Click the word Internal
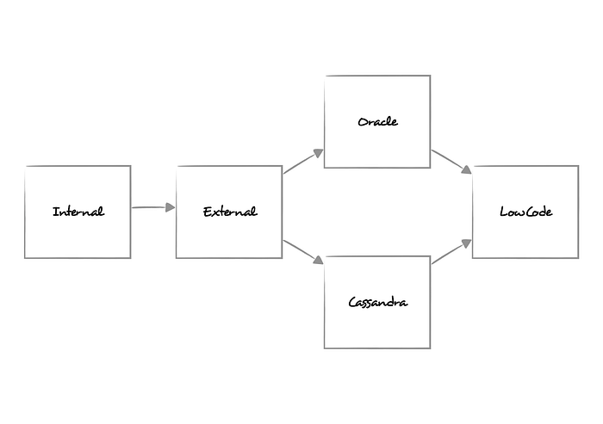(x=78, y=212)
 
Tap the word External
(x=229, y=212)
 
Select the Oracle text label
(x=377, y=121)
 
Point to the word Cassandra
(x=377, y=302)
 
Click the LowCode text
(x=525, y=212)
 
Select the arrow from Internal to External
(x=152, y=207)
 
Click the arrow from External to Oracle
(x=301, y=162)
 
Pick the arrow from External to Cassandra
(x=301, y=250)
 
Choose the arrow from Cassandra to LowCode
(x=451, y=251)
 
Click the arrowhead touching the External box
(x=170, y=207)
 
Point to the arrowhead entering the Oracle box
(x=318, y=152)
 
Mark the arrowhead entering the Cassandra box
(x=318, y=260)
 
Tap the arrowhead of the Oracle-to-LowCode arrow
(x=466, y=170)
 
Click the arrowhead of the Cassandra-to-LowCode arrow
(x=466, y=243)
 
